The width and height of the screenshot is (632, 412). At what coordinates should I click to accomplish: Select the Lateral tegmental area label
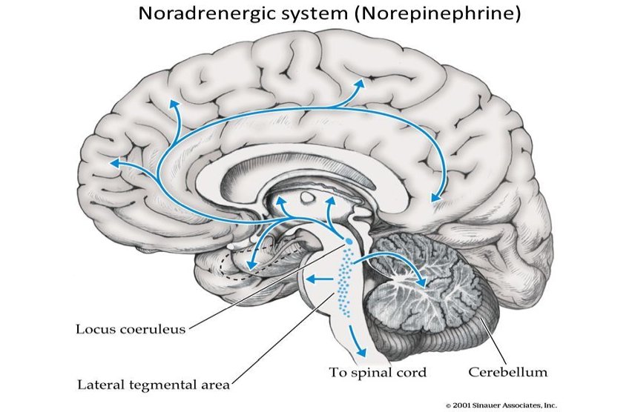click(x=153, y=384)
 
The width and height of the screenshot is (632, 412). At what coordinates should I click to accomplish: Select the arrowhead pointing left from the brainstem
click(x=312, y=279)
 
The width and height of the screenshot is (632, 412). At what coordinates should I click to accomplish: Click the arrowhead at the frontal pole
click(x=113, y=162)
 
